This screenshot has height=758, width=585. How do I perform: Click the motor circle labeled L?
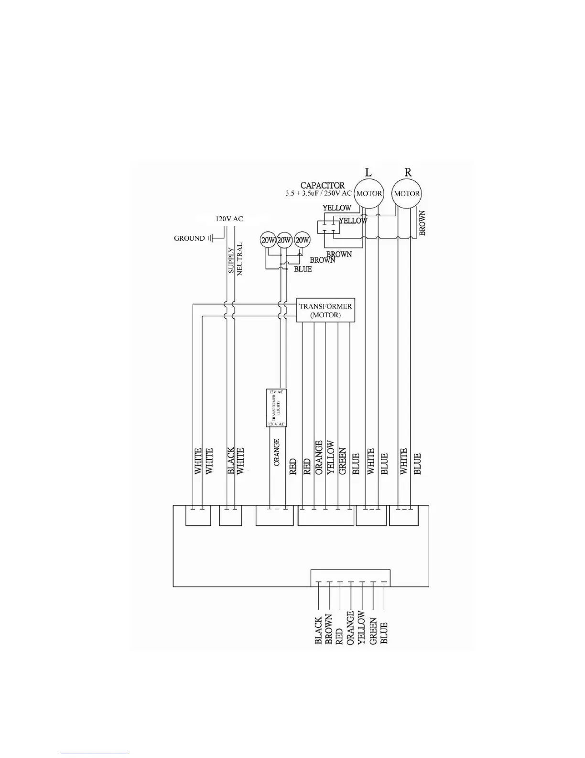(x=369, y=194)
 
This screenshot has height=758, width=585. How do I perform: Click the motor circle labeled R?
(x=407, y=194)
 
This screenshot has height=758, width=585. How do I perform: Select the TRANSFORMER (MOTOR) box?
(x=325, y=310)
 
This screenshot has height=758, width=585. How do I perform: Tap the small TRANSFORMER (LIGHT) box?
(x=276, y=408)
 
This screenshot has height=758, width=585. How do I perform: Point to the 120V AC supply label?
(x=229, y=219)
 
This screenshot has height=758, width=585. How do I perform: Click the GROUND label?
(x=189, y=238)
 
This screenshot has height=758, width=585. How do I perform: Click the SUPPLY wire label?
(x=231, y=260)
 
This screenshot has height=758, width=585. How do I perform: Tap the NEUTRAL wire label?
(x=240, y=258)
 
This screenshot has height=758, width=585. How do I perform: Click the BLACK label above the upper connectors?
(x=231, y=461)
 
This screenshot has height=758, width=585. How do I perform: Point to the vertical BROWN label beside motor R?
(x=422, y=223)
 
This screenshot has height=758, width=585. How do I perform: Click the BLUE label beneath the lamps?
(x=303, y=269)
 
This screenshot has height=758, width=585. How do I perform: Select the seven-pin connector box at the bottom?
(x=350, y=578)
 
